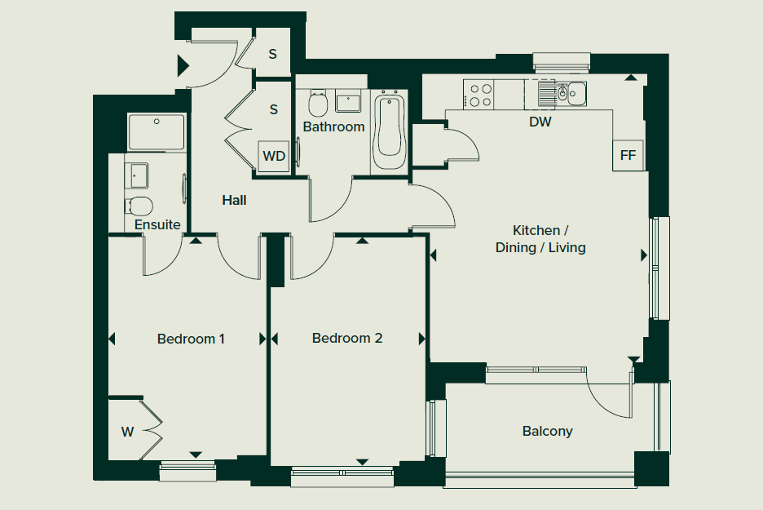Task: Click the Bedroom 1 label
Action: [x=191, y=339]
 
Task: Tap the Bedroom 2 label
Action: [x=347, y=338]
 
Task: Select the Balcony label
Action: [x=548, y=431]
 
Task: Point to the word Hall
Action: [x=234, y=200]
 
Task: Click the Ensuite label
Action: [x=157, y=224]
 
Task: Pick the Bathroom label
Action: [x=334, y=126]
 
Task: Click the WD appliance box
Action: [x=274, y=157]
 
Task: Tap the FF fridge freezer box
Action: [x=628, y=155]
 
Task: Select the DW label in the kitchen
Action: [x=540, y=122]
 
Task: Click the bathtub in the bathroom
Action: [x=389, y=131]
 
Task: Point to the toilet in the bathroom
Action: [x=318, y=104]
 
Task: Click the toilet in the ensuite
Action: [x=139, y=206]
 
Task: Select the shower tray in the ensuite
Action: [x=157, y=132]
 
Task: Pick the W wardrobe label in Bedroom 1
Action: [x=127, y=432]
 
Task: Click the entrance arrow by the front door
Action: [x=183, y=66]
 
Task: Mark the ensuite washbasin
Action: [x=137, y=175]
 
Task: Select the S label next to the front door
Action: [x=272, y=54]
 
